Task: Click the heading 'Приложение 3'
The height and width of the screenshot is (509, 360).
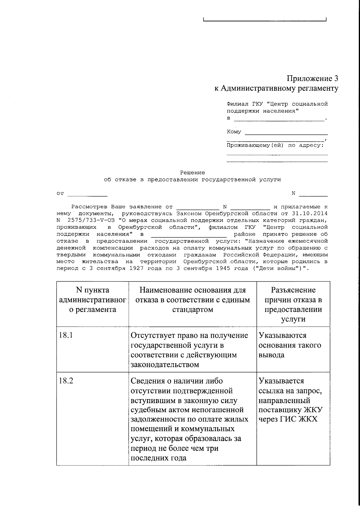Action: (x=312, y=79)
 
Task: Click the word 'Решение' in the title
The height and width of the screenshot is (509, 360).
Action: (x=192, y=173)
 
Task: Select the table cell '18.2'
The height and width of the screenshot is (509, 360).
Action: (x=66, y=381)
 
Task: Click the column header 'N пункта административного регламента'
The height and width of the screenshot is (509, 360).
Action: (x=92, y=300)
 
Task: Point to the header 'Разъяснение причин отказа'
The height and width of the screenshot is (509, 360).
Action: (x=293, y=304)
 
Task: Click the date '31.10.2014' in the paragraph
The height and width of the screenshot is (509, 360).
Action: (x=309, y=214)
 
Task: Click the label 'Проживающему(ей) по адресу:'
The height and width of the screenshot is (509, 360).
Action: (x=275, y=145)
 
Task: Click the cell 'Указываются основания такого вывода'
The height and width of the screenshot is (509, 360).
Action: (x=289, y=345)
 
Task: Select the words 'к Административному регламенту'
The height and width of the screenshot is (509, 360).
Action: (x=276, y=88)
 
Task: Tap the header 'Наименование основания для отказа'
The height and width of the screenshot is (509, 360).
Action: (x=192, y=300)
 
